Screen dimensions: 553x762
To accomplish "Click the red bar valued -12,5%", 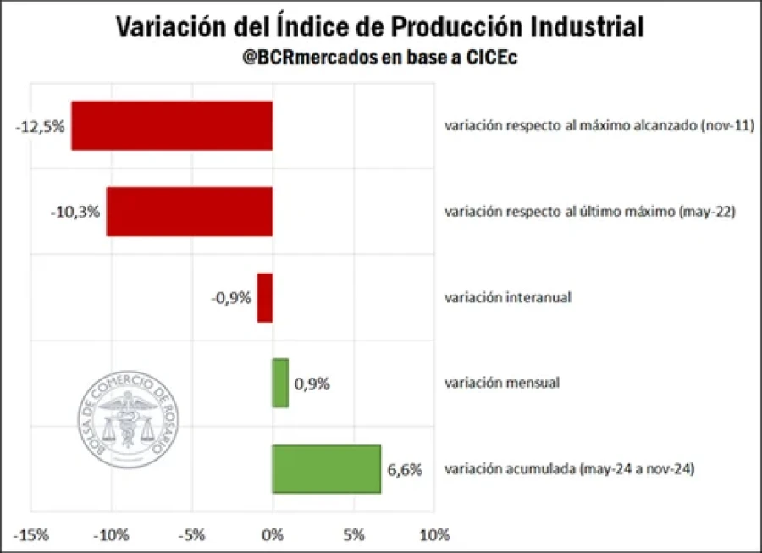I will [x=172, y=126].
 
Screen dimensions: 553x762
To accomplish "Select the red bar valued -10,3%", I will [x=190, y=212].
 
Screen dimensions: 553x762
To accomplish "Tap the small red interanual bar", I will [x=265, y=297].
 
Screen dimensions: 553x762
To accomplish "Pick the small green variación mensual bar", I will [x=280, y=383].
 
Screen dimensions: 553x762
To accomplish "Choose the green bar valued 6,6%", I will [x=326, y=468].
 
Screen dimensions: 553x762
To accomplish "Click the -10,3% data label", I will [x=75, y=213].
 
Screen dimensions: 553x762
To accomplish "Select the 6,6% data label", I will [x=405, y=468].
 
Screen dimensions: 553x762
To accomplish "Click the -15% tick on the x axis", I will [x=30, y=535].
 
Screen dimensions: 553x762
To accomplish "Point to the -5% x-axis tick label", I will [x=192, y=535].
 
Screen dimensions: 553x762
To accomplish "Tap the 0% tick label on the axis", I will [x=273, y=535].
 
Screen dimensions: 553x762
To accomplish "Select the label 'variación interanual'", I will [x=508, y=297].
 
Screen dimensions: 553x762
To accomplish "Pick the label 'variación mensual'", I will [x=502, y=383].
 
